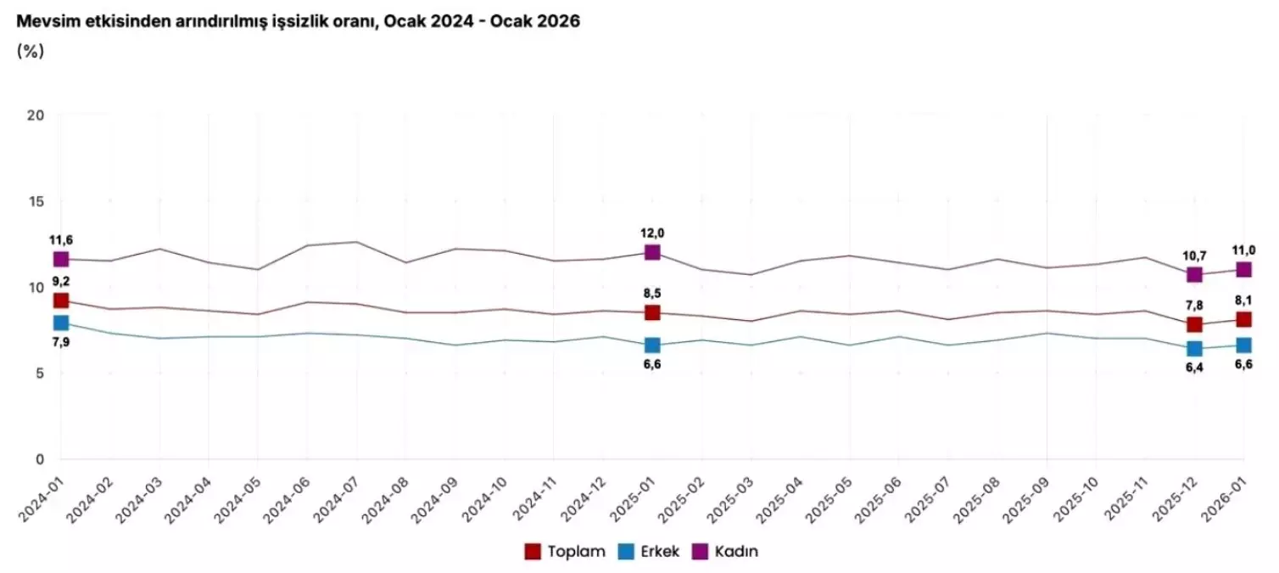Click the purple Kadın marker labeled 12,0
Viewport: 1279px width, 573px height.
(x=652, y=252)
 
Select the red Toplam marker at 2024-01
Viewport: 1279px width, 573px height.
(x=61, y=301)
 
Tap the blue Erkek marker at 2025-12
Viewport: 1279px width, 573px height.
(x=1194, y=348)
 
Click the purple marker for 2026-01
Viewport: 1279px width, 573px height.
(x=1244, y=269)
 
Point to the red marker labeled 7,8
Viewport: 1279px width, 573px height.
(x=1194, y=324)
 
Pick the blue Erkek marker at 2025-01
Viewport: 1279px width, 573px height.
(x=652, y=345)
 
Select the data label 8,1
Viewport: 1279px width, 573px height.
(x=1244, y=300)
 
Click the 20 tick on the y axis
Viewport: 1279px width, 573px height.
(x=36, y=115)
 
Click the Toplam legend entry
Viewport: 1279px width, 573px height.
(x=564, y=552)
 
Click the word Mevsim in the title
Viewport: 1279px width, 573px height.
(x=44, y=22)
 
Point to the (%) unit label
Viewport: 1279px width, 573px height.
(x=30, y=51)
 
